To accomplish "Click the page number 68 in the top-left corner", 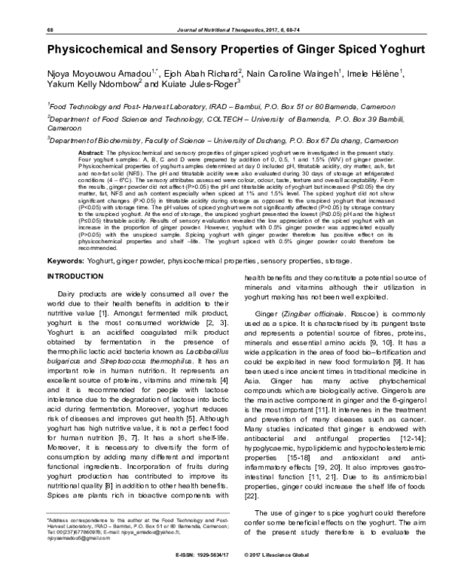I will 50,29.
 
